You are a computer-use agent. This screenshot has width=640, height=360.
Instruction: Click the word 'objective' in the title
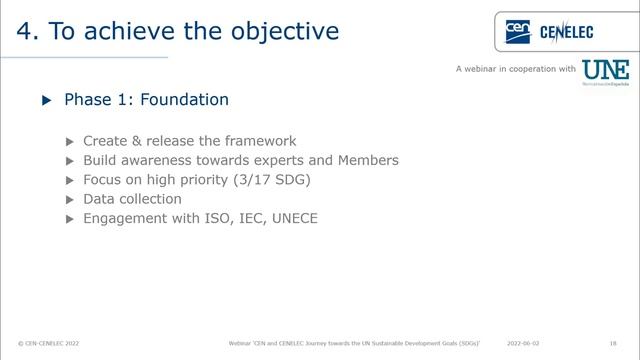tap(285, 31)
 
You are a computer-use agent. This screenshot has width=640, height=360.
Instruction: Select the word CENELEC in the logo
tap(566, 33)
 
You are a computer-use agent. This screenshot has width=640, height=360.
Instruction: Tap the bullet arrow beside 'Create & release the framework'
tap(69, 142)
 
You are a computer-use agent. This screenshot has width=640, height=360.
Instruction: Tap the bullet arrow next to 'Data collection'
tap(69, 199)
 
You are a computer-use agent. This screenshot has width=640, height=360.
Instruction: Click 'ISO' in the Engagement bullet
tap(213, 217)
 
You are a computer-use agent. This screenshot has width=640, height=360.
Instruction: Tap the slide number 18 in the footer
tap(611, 342)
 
